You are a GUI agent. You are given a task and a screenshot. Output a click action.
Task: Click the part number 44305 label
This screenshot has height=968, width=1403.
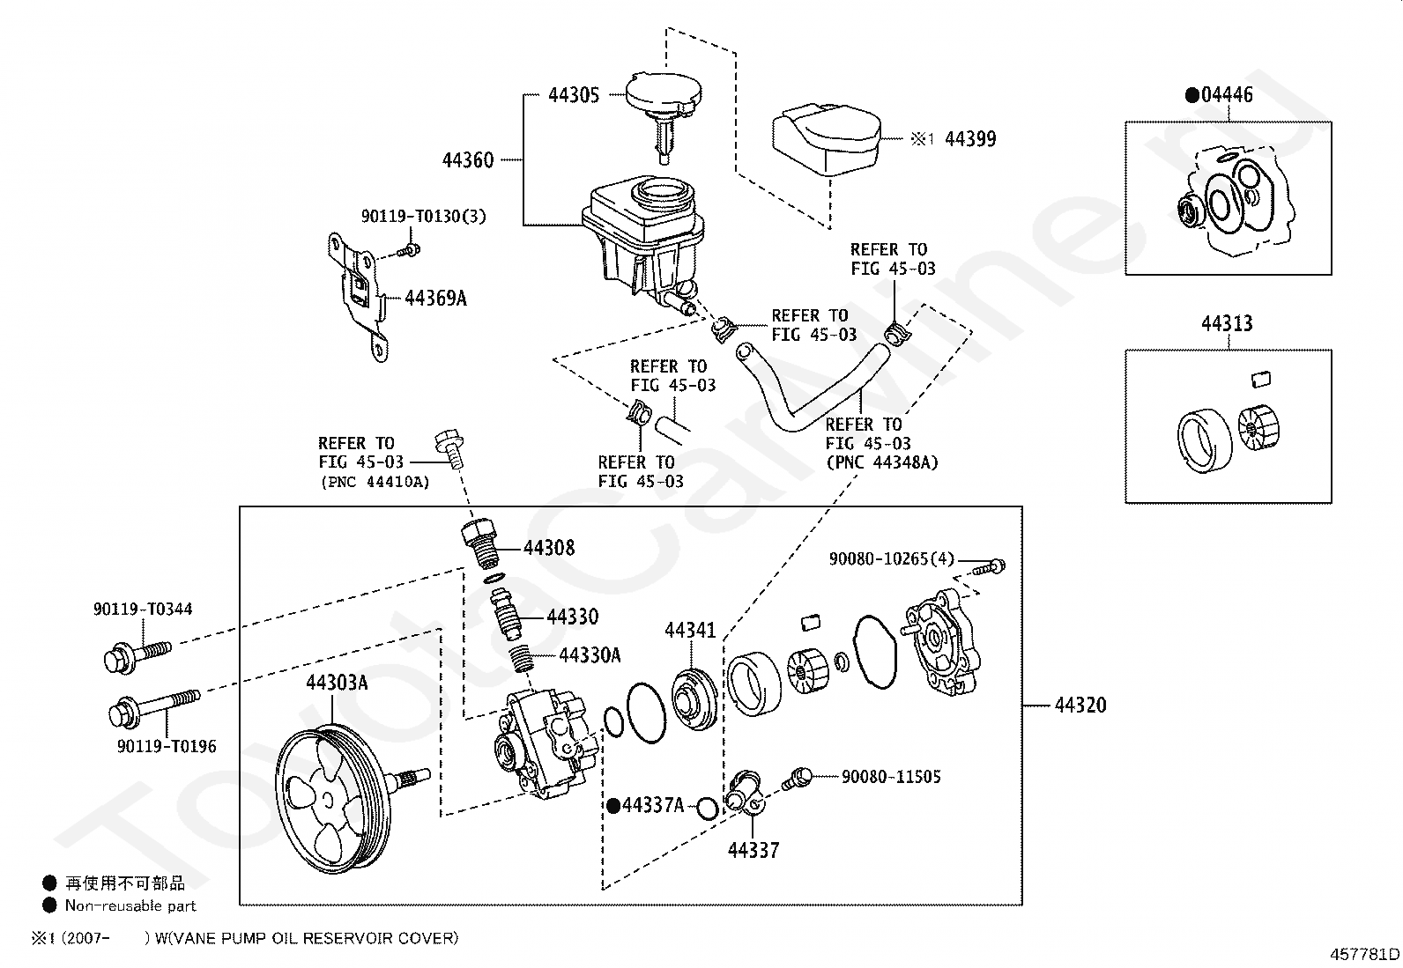[x=574, y=95]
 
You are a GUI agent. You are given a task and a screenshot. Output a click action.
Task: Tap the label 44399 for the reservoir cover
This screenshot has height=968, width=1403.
[x=970, y=139]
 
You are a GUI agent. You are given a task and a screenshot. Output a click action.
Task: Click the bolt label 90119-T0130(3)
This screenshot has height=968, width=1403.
[x=423, y=216]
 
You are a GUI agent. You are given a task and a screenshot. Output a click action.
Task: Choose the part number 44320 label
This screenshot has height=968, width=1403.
[x=1080, y=705]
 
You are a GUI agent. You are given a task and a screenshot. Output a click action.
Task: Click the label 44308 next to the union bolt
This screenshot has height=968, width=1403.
[x=549, y=548]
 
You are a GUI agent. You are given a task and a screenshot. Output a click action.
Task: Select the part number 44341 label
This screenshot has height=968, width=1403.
[x=690, y=630]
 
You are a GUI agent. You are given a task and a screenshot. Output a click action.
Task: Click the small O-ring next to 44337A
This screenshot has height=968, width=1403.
[x=707, y=808]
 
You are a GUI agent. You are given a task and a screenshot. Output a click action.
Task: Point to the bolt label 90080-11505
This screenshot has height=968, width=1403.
[x=891, y=776]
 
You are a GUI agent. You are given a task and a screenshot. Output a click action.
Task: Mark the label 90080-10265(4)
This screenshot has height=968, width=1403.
[x=891, y=558]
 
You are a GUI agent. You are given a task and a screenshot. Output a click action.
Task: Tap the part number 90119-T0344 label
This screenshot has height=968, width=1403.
[x=143, y=609]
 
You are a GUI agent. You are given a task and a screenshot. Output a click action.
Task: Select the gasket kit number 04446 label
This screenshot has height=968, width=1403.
[x=1227, y=94]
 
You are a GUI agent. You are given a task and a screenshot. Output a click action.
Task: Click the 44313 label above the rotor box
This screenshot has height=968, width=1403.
[x=1227, y=323]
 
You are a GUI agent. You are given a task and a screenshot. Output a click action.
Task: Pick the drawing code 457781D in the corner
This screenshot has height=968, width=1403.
[x=1364, y=954]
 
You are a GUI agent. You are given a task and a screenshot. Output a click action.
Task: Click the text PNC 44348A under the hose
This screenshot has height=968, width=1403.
[x=882, y=462]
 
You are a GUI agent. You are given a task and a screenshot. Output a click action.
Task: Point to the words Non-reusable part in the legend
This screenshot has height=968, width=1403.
[x=130, y=905]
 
